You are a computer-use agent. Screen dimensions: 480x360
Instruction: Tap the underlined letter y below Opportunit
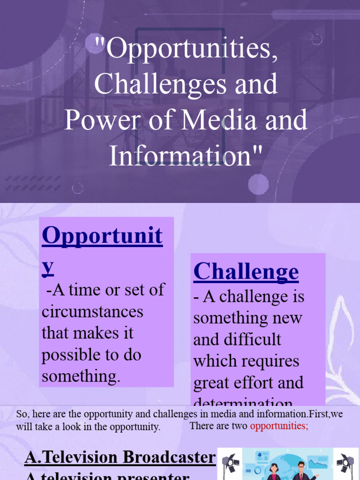click(x=47, y=265)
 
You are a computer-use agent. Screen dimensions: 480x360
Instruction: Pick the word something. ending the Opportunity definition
click(x=81, y=376)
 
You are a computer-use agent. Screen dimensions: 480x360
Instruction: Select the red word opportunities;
click(x=279, y=426)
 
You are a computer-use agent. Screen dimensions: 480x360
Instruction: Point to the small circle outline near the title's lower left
click(x=78, y=188)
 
